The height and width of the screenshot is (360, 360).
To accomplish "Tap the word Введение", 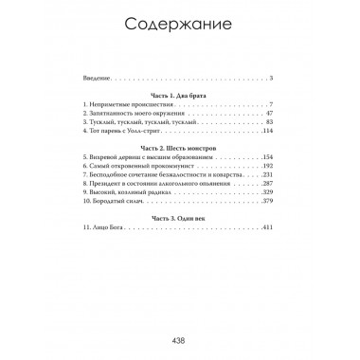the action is [97, 79].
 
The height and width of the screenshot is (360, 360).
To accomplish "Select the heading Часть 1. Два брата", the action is [179, 95].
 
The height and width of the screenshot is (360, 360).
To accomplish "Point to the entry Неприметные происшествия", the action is [127, 104].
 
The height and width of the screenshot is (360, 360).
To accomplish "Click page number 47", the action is [269, 114].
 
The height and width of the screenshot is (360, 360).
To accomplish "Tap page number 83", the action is [269, 123].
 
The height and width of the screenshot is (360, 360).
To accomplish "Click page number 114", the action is [267, 133].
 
